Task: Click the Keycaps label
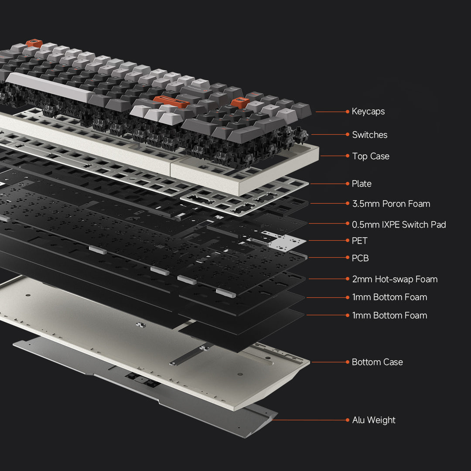click(368, 112)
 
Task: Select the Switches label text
click(369, 135)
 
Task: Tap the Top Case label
click(370, 156)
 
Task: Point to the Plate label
click(362, 184)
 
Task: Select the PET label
click(359, 241)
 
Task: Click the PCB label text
click(360, 258)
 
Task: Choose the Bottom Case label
click(377, 362)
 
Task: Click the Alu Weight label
click(374, 420)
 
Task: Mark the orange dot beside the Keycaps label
click(348, 112)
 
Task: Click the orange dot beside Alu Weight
click(348, 420)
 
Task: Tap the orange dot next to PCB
click(348, 258)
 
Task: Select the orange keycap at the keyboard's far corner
click(34, 43)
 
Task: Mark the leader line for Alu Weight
click(310, 420)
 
